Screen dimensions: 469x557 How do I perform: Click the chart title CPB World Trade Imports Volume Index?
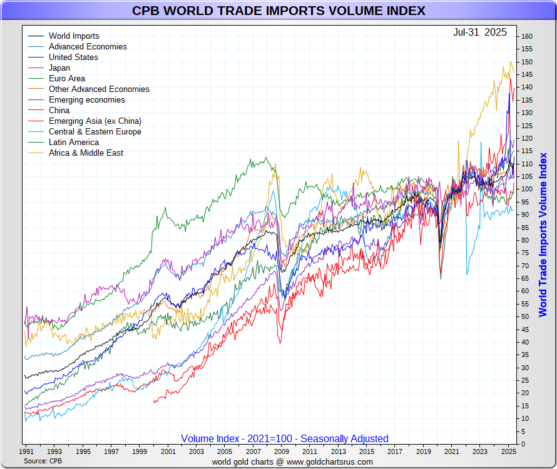[278, 11]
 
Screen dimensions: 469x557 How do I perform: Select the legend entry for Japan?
[59, 68]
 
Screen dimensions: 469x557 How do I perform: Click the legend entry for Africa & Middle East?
[86, 153]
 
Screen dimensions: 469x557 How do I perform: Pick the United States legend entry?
[73, 57]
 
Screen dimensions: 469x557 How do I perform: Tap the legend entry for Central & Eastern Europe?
[95, 131]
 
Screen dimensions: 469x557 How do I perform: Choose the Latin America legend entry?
[73, 142]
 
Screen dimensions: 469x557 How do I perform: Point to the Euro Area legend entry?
[66, 78]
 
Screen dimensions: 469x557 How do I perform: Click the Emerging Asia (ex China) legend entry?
[95, 121]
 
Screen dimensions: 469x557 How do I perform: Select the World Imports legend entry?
[74, 36]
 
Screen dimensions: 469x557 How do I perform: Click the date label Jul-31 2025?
[480, 32]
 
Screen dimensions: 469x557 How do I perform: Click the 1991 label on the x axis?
[26, 451]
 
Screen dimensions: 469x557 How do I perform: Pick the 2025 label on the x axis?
[508, 451]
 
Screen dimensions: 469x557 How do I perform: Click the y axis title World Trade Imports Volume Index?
[543, 234]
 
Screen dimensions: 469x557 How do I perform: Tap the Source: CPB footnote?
[43, 461]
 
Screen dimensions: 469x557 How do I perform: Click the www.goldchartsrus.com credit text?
[292, 462]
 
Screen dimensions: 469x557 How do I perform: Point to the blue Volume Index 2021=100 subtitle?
[285, 438]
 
